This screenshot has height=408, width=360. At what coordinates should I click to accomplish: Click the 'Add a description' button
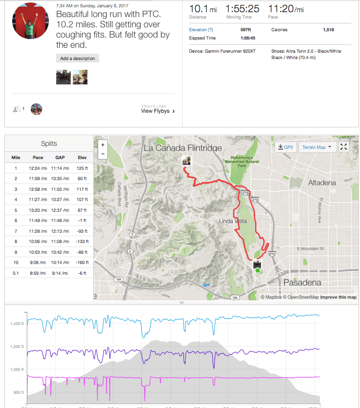point(78,59)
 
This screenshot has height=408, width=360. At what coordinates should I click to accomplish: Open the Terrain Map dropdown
point(317,147)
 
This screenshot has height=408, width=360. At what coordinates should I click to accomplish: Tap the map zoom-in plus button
point(103,145)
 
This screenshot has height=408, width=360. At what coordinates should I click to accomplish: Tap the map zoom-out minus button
point(103,154)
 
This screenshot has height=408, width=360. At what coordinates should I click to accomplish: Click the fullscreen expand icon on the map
point(344,146)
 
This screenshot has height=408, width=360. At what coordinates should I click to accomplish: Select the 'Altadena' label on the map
point(322,183)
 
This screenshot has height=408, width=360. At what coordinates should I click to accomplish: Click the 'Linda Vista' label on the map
point(233,221)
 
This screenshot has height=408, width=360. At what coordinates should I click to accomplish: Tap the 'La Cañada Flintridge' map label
point(182,147)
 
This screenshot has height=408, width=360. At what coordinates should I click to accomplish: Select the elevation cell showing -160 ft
point(82,263)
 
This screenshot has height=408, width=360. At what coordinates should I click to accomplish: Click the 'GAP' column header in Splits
point(60,158)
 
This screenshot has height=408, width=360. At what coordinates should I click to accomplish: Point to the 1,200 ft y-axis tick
point(17,347)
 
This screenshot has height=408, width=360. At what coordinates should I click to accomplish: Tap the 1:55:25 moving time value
point(242,9)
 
